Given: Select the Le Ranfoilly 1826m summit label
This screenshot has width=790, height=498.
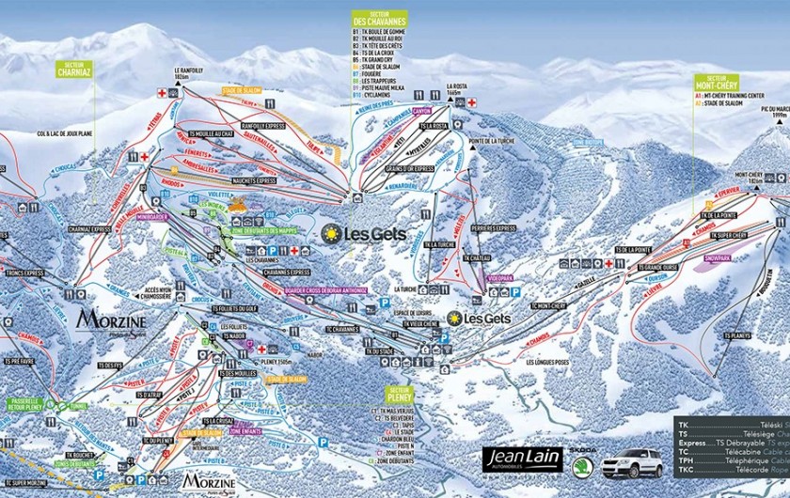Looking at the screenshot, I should pos(189,71).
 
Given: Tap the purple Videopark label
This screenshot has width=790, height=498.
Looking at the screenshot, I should pos(500,279).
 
